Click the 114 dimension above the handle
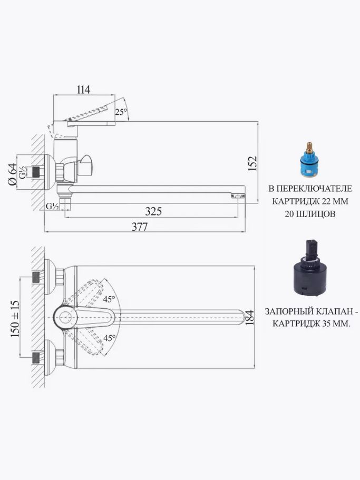83,90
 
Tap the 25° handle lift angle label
121,112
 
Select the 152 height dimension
252,163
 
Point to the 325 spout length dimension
153,211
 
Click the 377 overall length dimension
140,227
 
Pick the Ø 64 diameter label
12,174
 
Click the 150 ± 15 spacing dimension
15,319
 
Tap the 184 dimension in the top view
249,317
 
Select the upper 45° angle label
109,299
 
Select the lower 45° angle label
110,338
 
